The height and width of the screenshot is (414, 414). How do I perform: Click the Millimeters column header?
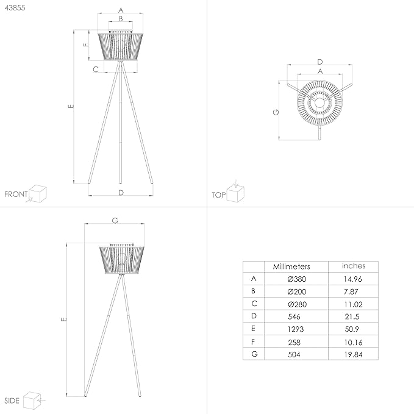[291, 266]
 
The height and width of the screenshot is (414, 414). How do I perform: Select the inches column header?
[354, 266]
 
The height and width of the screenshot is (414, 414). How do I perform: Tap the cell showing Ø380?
[296, 279]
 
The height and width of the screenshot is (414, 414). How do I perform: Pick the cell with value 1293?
[296, 328]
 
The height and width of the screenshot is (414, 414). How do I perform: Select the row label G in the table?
[253, 353]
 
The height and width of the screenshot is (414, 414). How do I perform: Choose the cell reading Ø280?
[296, 304]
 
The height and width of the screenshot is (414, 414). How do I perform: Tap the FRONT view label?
[16, 195]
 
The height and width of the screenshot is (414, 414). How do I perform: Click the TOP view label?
[218, 195]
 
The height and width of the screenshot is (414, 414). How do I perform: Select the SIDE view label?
[12, 401]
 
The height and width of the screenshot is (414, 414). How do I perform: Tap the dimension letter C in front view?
[96, 70]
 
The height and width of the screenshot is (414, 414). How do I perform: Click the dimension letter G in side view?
[115, 220]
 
